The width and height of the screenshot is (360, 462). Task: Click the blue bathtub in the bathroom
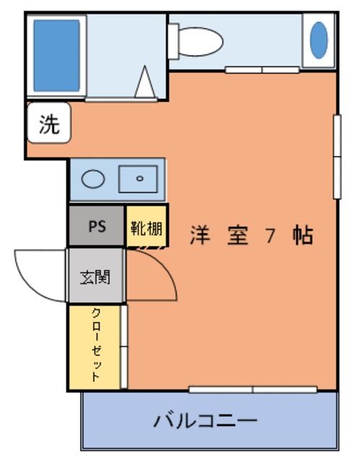coord(56,56)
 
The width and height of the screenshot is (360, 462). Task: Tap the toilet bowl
coord(201,42)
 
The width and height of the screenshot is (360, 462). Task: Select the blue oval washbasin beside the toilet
coord(319,40)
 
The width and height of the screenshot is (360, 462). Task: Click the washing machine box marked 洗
coord(49,123)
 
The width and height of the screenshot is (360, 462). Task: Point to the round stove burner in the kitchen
coord(93,179)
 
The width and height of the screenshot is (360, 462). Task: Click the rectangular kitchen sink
coord(138,179)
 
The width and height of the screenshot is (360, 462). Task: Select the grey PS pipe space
coord(97,226)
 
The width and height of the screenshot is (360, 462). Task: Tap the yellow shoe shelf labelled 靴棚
coord(146,226)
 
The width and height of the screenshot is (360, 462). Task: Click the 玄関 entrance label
coord(95,277)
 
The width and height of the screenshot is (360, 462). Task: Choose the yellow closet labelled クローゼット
coord(95,347)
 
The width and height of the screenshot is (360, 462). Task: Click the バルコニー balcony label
coord(206,422)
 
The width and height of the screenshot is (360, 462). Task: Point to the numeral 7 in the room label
coord(270,236)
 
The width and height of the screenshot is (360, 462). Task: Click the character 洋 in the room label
coord(200,235)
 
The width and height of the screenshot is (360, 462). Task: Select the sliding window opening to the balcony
coord(253,390)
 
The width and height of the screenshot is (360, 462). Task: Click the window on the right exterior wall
coord(338,157)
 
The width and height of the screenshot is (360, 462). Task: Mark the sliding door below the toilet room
coord(263,70)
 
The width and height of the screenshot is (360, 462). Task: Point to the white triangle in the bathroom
coord(145,82)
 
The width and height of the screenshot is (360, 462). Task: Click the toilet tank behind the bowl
coord(173,42)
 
